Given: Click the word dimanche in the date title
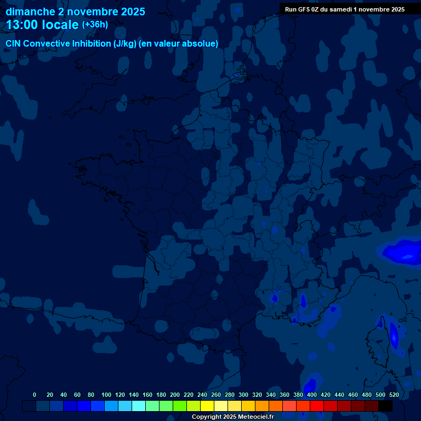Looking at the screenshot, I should point(30,12).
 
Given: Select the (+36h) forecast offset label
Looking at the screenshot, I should point(95,25).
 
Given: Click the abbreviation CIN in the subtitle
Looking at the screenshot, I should point(14,44).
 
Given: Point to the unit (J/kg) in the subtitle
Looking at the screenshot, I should point(125,44).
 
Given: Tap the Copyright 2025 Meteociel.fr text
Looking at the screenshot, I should point(232,417).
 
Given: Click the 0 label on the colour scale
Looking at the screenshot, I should point(35,395).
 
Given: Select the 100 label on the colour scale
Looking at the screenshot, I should point(106,395).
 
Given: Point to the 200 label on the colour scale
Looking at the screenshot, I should point(175,395).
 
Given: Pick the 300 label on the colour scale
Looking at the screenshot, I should point(243,395).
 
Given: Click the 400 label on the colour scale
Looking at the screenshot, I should point(312,395).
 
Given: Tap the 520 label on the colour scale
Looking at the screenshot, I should point(394,395).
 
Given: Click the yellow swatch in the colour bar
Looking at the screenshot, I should point(207,406).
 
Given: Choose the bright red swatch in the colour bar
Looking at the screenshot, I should point(317,406).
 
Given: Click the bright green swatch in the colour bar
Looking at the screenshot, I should point(180,406).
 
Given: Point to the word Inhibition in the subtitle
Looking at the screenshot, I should point(92,44).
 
